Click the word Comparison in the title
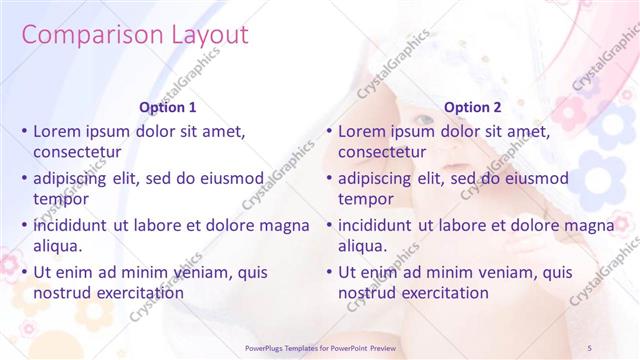click(x=81, y=35)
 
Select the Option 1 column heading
click(x=168, y=106)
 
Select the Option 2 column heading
click(x=473, y=106)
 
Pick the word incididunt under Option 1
click(x=73, y=225)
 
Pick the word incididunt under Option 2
click(x=378, y=225)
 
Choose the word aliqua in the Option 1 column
click(x=57, y=246)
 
